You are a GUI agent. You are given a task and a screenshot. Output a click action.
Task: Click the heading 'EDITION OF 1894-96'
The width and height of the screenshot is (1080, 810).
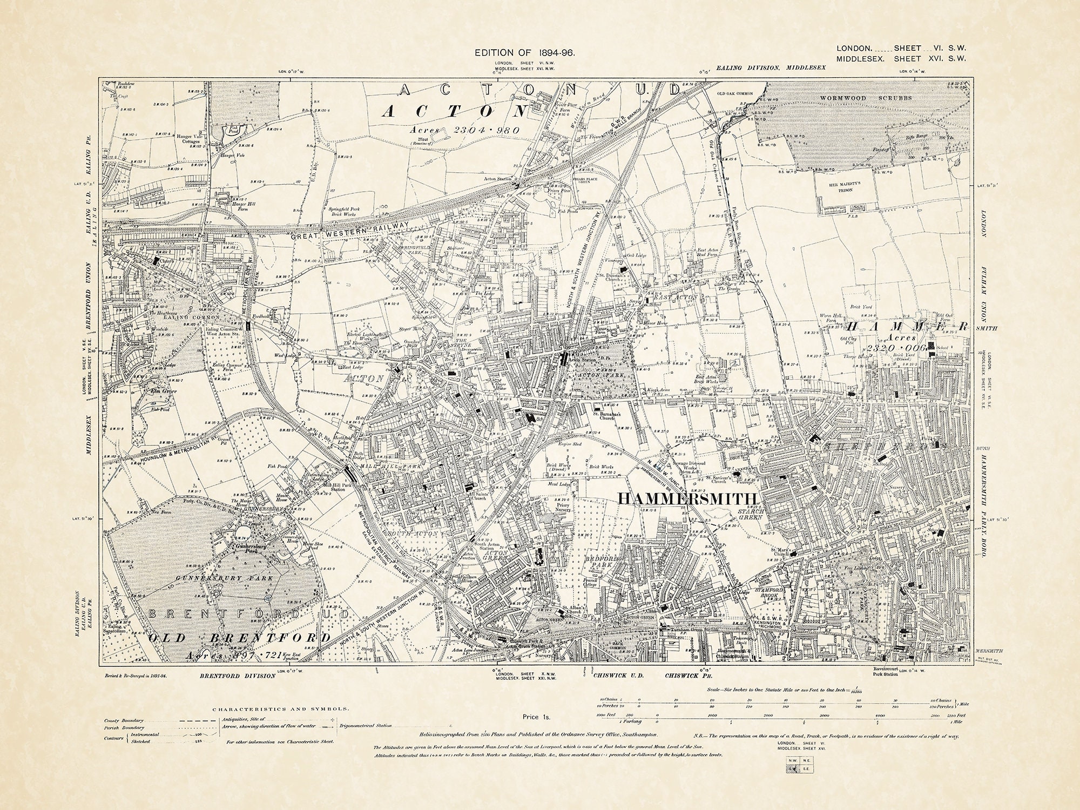[524, 53]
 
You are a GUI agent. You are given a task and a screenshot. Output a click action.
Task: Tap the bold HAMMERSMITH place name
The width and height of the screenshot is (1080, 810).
[688, 498]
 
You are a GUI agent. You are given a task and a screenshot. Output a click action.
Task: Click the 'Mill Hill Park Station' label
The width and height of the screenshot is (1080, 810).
[333, 488]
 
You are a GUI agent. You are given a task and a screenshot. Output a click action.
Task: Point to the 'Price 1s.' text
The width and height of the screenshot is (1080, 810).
[536, 717]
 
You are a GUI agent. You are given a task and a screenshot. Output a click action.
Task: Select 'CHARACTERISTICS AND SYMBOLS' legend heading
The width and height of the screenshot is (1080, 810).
[280, 708]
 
